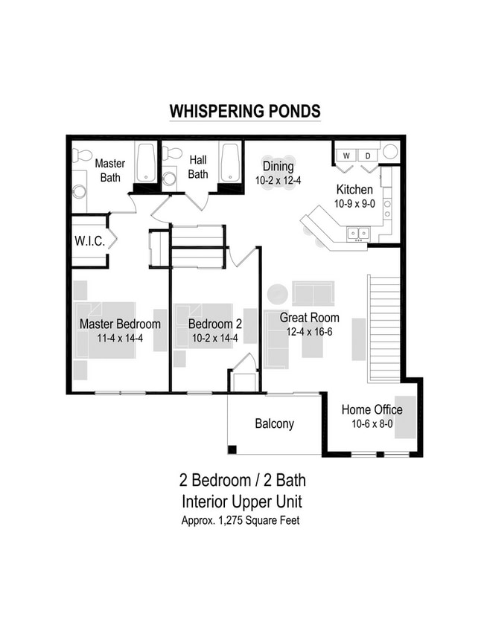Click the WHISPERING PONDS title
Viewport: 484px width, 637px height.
[x=245, y=112]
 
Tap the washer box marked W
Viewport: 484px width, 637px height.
[x=346, y=155]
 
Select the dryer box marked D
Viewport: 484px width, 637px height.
[x=367, y=155]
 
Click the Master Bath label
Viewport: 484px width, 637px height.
[x=109, y=170]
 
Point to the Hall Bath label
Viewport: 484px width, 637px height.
[x=198, y=167]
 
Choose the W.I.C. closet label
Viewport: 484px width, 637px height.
[x=88, y=241]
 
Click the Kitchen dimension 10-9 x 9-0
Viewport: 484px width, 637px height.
[x=354, y=203]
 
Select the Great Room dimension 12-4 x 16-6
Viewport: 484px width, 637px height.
[x=309, y=331]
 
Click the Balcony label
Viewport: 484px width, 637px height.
[x=274, y=423]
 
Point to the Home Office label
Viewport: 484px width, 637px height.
[x=372, y=409]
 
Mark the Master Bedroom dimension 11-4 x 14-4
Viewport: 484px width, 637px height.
[x=120, y=337]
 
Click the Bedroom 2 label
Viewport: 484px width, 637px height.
[x=214, y=324]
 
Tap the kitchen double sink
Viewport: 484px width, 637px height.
[x=357, y=234]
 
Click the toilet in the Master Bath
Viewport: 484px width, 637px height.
[x=82, y=155]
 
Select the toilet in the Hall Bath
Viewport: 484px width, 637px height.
[x=173, y=153]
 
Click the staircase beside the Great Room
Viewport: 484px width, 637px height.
[x=384, y=327]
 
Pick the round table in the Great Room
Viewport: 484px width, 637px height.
[x=278, y=293]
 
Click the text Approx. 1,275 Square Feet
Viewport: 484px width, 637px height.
[x=241, y=520]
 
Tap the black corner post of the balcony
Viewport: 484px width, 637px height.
[x=232, y=449]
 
